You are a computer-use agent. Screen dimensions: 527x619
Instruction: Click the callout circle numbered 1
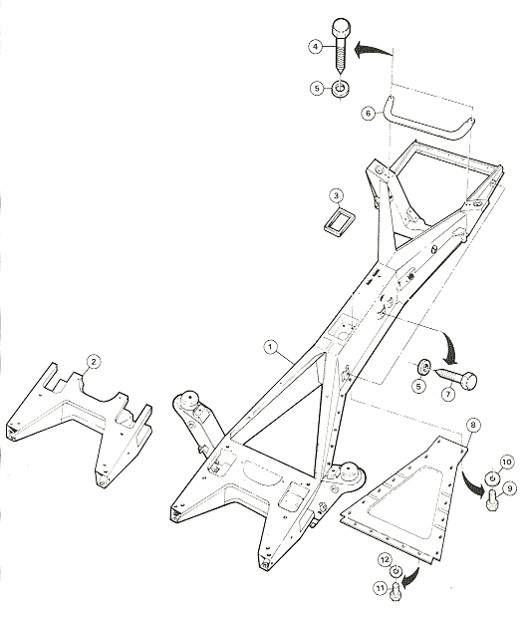pyautogui.click(x=271, y=348)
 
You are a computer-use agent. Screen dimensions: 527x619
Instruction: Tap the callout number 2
pyautogui.click(x=93, y=362)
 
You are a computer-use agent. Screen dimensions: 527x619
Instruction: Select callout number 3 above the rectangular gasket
pyautogui.click(x=336, y=195)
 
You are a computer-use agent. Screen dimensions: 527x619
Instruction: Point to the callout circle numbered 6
pyautogui.click(x=369, y=114)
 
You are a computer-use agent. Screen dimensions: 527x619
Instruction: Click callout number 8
pyautogui.click(x=473, y=425)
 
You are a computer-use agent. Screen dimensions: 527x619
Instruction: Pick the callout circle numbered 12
pyautogui.click(x=385, y=560)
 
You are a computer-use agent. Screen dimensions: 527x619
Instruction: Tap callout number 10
pyautogui.click(x=507, y=463)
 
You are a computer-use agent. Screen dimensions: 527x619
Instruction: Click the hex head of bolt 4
pyautogui.click(x=340, y=28)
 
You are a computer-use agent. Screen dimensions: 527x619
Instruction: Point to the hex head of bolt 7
pyautogui.click(x=469, y=380)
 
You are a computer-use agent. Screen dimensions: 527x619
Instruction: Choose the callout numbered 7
pyautogui.click(x=447, y=394)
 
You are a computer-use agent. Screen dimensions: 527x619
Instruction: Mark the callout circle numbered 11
pyautogui.click(x=380, y=589)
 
